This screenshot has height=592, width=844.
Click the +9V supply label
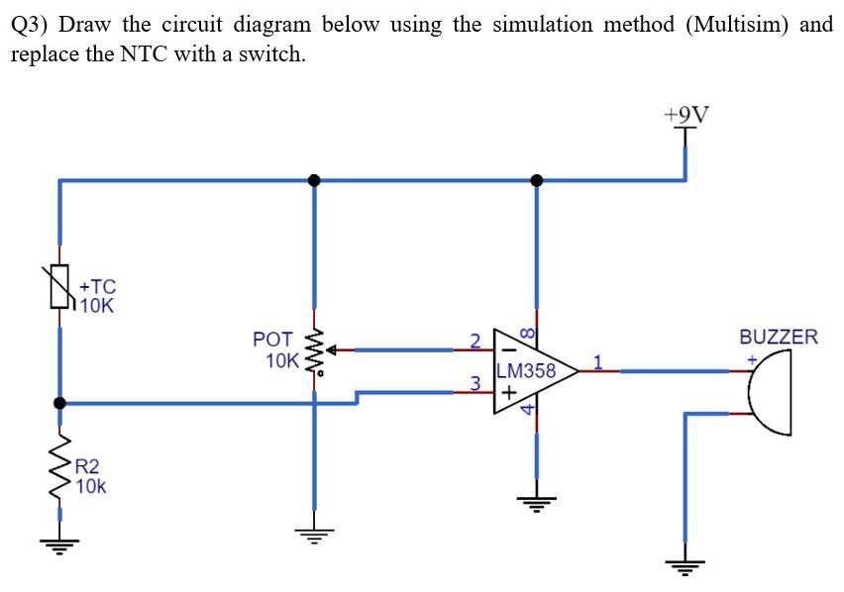686,115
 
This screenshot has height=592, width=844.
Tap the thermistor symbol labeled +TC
61,288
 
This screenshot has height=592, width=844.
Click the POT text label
272,340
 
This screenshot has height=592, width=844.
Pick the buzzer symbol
772,393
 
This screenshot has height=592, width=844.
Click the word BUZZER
779,337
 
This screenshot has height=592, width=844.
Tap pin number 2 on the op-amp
475,341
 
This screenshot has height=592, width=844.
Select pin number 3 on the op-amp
475,382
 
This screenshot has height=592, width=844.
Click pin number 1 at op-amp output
597,360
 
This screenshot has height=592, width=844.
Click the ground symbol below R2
61,542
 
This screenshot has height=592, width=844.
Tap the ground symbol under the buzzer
683,565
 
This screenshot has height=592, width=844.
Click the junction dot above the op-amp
537,180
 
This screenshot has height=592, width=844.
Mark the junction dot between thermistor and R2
60,403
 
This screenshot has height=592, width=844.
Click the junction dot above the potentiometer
315,180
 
